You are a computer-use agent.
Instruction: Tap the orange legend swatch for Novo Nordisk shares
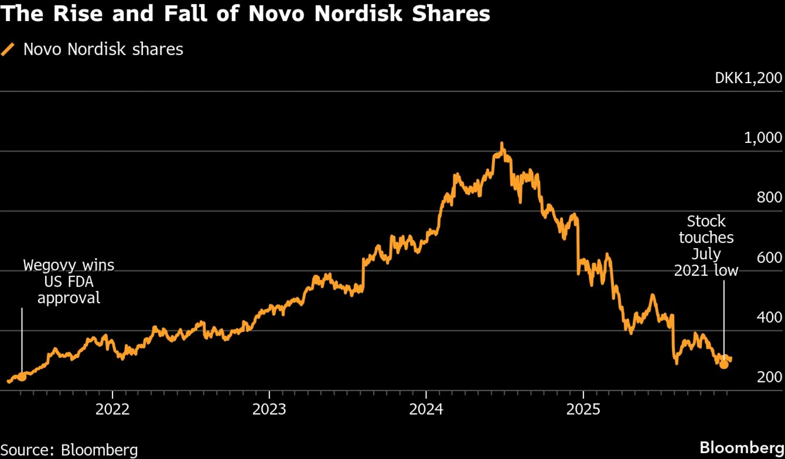[x=8, y=49]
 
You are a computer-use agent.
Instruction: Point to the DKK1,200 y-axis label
[x=748, y=78]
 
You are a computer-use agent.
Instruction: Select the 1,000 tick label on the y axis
[x=763, y=138]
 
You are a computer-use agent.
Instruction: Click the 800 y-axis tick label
[x=769, y=197]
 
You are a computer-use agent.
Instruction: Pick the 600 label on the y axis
[x=769, y=257]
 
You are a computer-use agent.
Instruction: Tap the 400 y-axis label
[x=769, y=317]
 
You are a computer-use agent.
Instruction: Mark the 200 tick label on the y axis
[x=769, y=377]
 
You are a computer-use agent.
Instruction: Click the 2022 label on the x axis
[x=112, y=409]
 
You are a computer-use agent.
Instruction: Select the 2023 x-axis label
[x=269, y=409]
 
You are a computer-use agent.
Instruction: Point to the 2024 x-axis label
[x=426, y=409]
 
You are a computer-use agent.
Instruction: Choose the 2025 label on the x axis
[x=583, y=409]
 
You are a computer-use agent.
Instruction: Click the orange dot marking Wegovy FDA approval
[x=22, y=377]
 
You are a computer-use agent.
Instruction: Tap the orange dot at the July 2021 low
[x=724, y=364]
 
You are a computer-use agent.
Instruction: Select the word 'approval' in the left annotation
[x=69, y=298]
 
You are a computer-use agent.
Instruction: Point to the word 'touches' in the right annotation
[x=706, y=238]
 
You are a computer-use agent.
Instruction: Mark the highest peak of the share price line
[x=502, y=144]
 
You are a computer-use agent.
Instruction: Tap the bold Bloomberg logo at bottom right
[x=742, y=448]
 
